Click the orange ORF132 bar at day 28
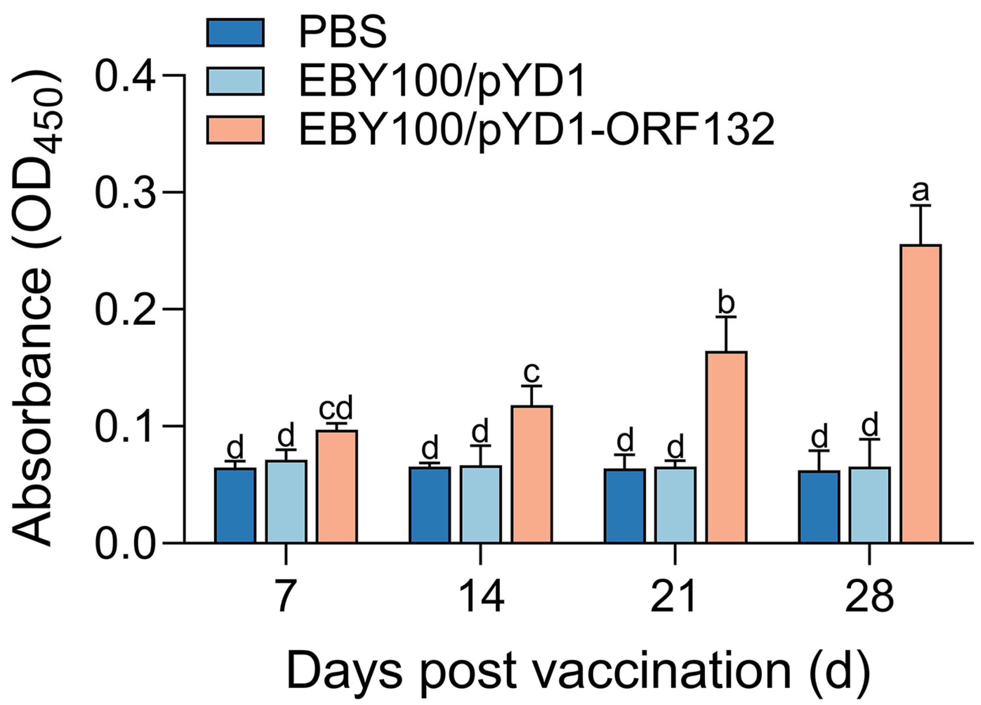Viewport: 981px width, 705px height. coord(921,394)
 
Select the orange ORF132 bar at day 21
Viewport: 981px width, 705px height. coord(727,447)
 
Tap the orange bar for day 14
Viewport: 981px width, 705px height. coord(532,474)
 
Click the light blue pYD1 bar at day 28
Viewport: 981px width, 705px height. coord(869,505)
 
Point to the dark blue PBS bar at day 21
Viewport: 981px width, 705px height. coord(625,506)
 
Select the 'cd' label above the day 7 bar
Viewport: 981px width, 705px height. coord(336,408)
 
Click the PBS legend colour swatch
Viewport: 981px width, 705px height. coord(235,32)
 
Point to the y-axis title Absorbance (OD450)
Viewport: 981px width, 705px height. coord(37,309)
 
